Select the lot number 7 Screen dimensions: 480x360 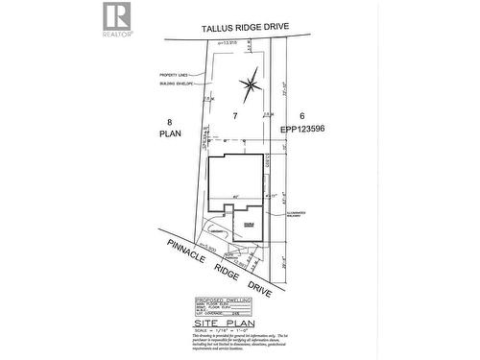[234, 114]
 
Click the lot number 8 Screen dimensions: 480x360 [170, 122]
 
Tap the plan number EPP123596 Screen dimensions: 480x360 [304, 129]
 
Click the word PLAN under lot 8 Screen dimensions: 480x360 [170, 135]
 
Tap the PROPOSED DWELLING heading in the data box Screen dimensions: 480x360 [223, 299]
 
